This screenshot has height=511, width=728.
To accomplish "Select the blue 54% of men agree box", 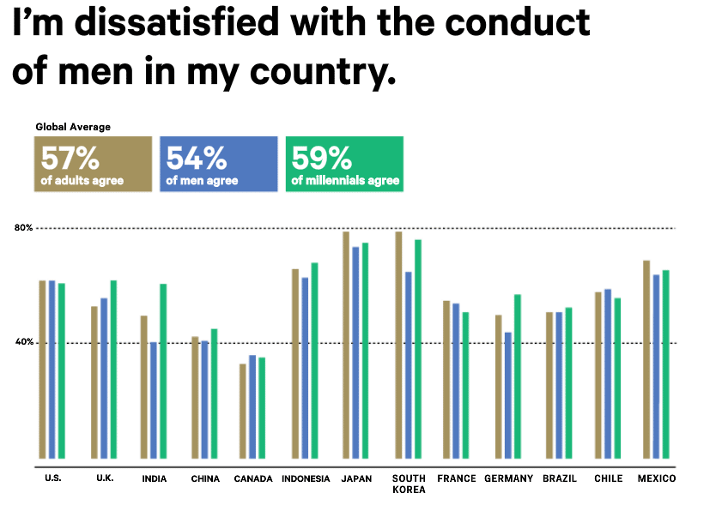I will pos(219,163).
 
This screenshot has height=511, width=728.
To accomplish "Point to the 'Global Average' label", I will pos(73,127).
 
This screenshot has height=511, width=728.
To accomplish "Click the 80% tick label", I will pos(23,228).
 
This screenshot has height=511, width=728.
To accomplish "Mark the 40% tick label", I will pos(23,342).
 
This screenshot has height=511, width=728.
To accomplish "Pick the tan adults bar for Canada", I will pos(243,411).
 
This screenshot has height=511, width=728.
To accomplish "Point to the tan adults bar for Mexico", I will pos(646,359).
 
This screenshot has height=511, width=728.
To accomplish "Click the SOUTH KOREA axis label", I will pos(409,484).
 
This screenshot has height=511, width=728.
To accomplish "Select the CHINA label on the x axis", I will pos(205,478).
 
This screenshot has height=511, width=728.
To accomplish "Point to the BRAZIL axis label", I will pos(560,478).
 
